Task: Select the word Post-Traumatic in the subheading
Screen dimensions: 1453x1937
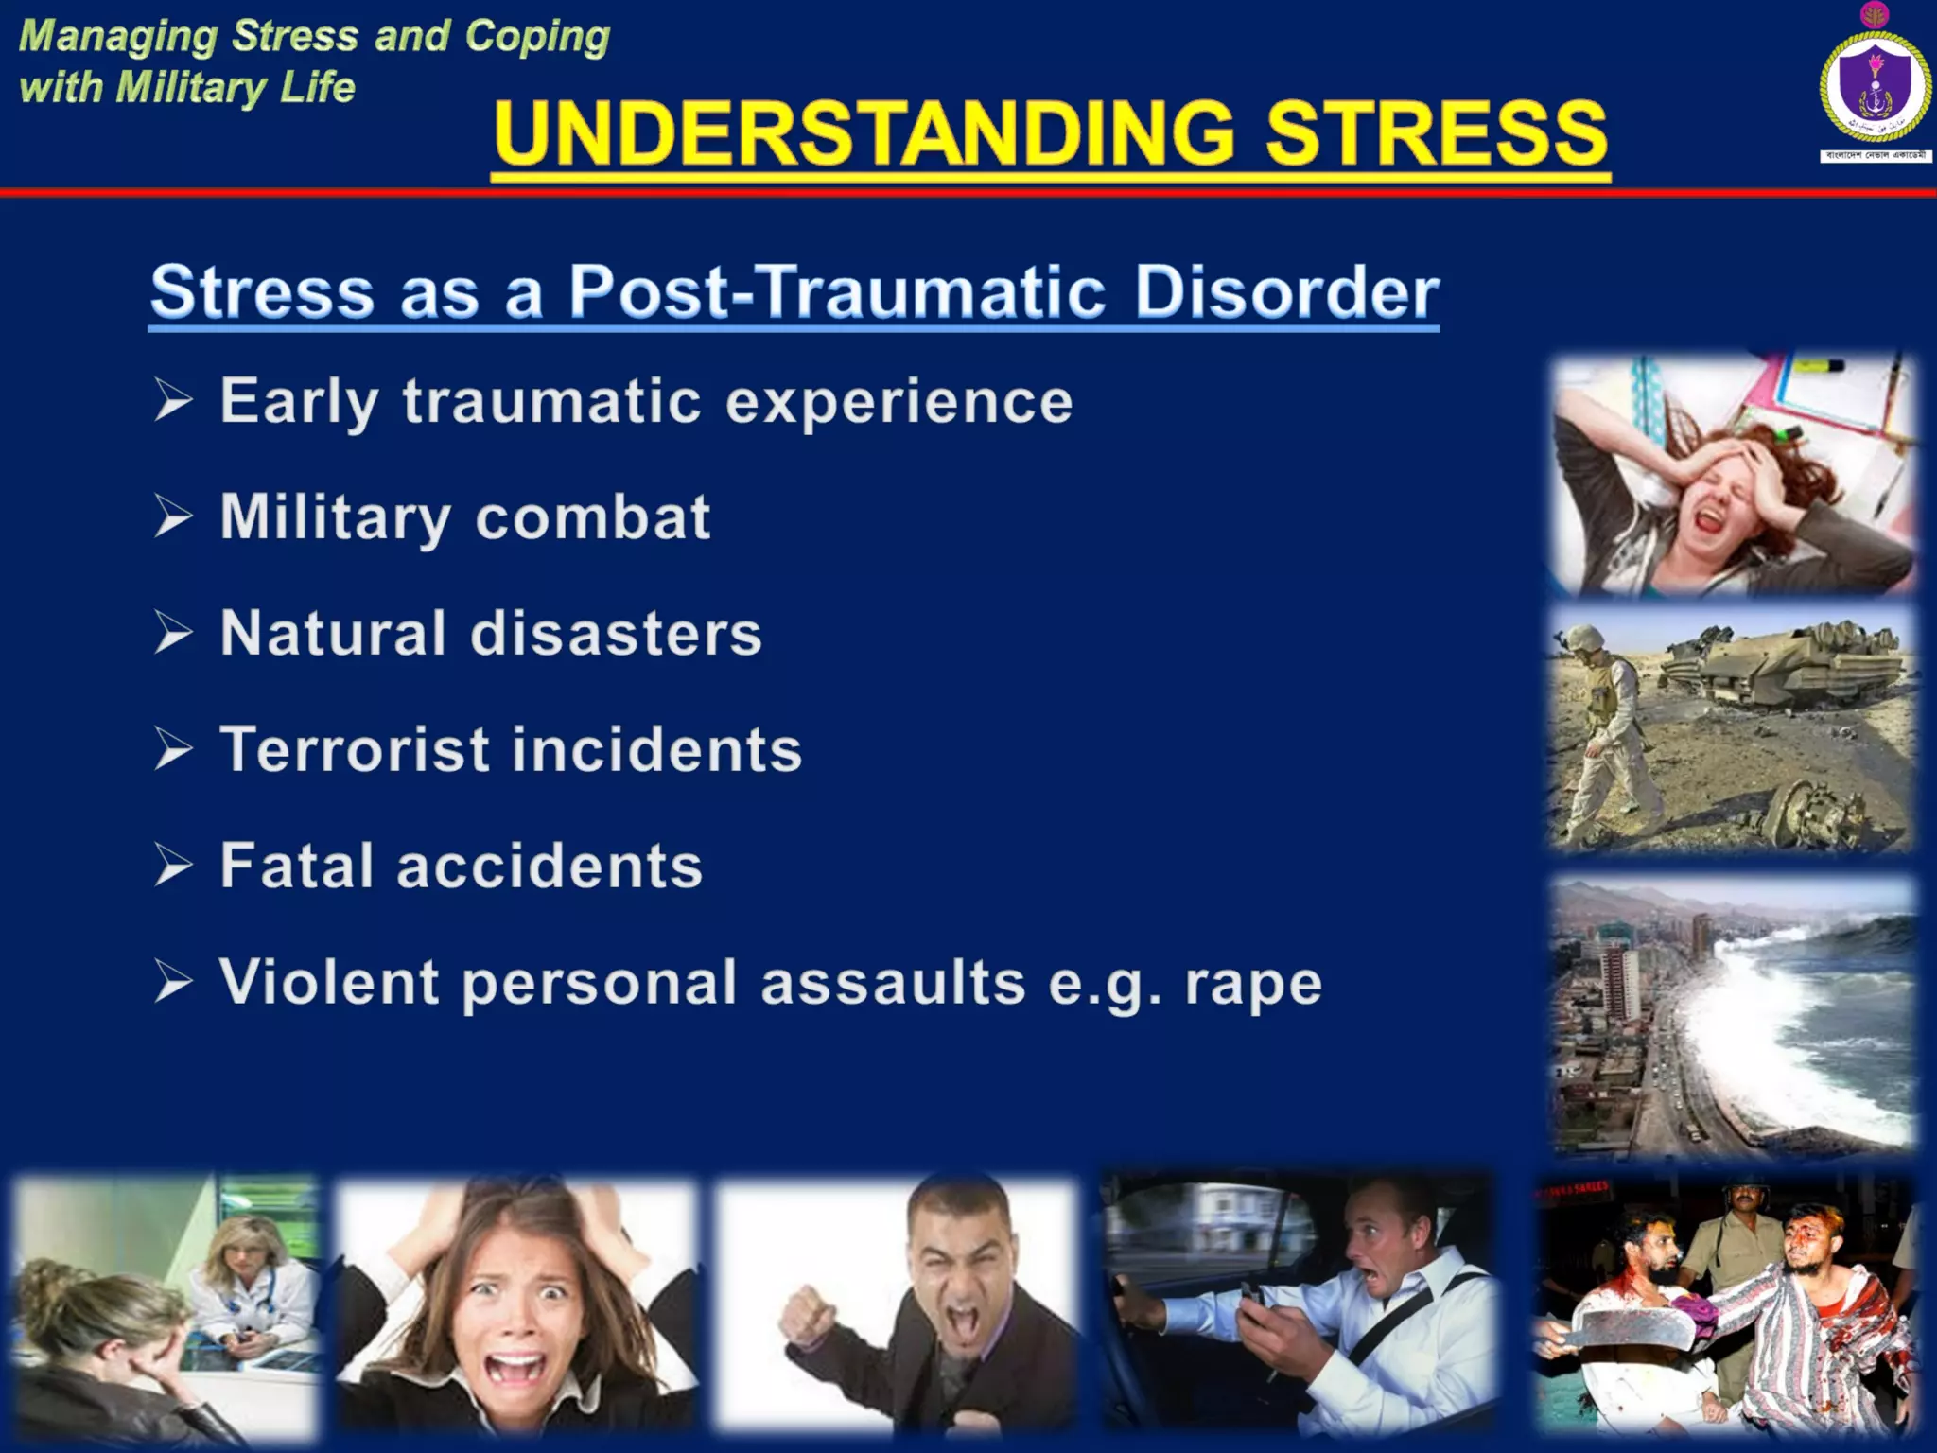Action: click(837, 291)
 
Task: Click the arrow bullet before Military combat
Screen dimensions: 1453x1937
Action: click(174, 516)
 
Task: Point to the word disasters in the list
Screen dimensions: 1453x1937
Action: click(616, 633)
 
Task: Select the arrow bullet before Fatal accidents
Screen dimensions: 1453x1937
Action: click(174, 866)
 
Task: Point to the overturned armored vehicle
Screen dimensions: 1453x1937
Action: click(1778, 662)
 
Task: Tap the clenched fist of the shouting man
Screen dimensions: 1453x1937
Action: click(810, 1311)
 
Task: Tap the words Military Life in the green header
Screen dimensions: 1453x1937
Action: click(236, 88)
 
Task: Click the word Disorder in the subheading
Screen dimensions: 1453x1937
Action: click(1286, 291)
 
